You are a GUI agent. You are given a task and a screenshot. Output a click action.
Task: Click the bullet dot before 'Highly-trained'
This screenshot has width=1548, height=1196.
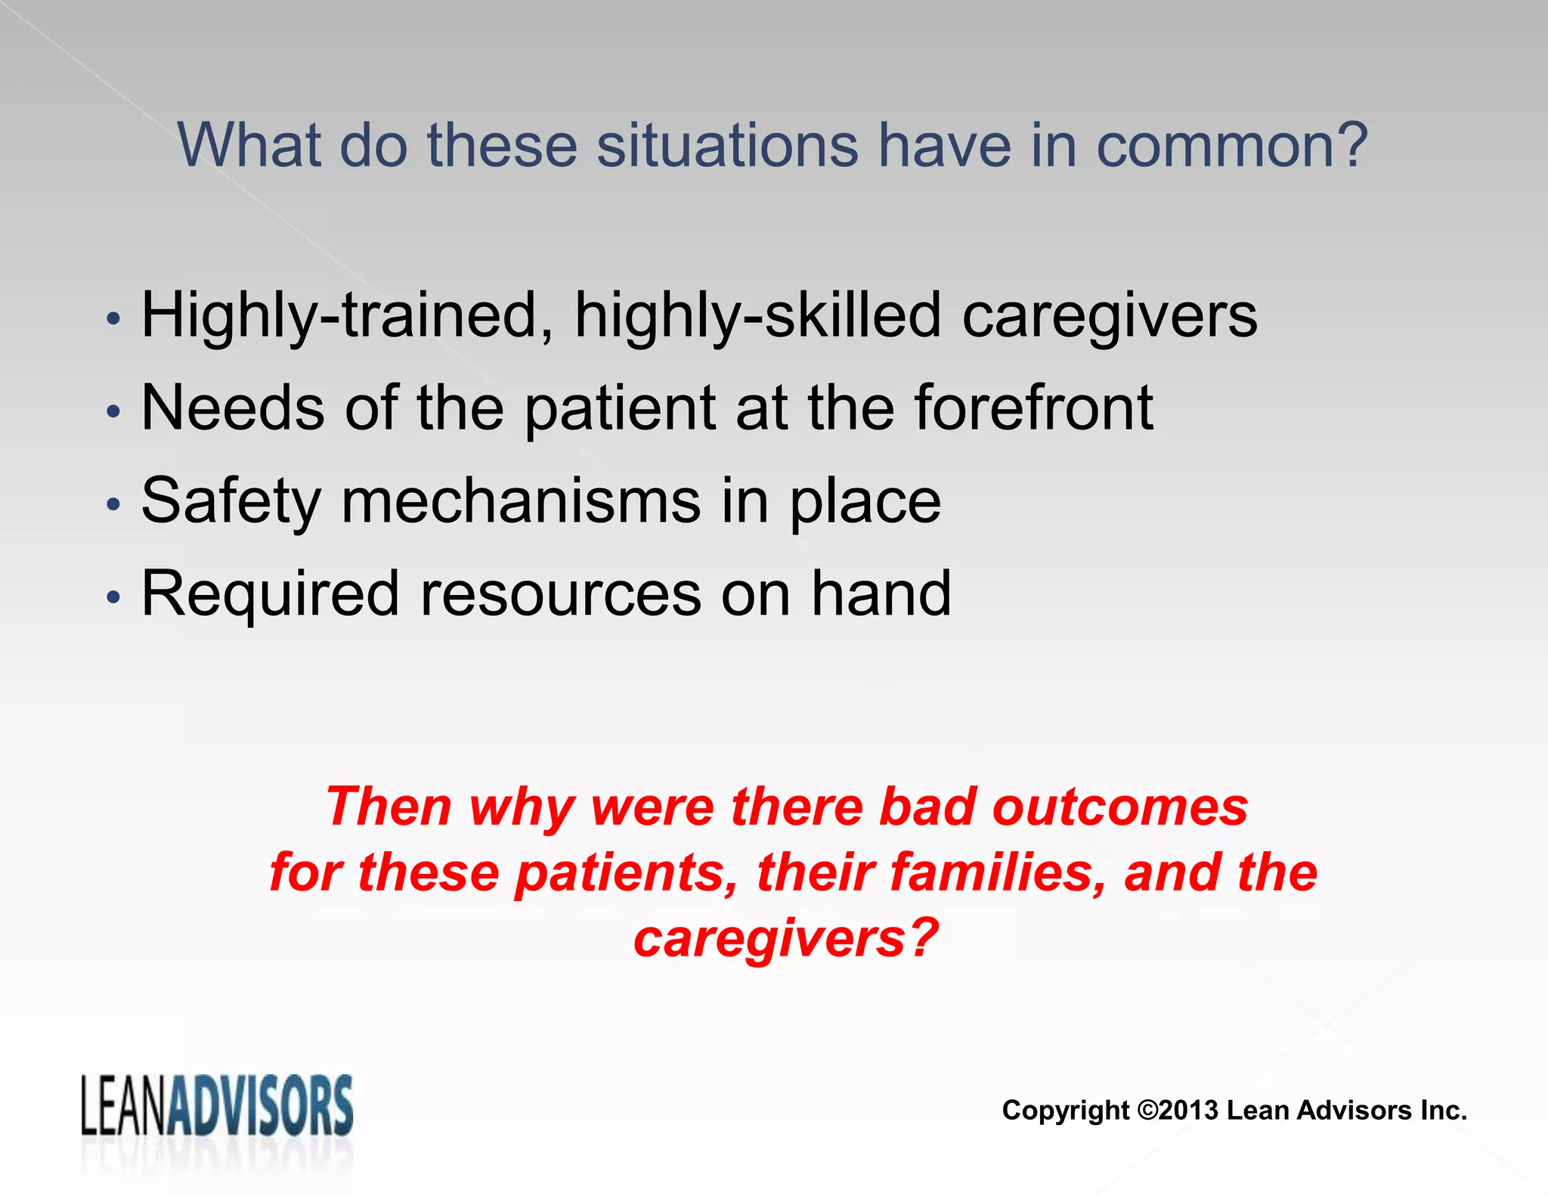point(113,318)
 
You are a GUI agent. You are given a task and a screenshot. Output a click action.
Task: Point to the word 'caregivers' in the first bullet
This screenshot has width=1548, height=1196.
point(1110,316)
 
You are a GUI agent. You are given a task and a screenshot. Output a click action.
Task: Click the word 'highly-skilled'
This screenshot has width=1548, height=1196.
point(757,316)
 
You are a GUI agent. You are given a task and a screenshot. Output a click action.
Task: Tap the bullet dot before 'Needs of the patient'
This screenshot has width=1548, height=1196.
point(113,411)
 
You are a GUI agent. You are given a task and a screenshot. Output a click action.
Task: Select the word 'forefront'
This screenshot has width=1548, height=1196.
point(1034,408)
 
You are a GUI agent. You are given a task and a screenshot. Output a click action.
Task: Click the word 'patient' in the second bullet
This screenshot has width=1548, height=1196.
point(620,408)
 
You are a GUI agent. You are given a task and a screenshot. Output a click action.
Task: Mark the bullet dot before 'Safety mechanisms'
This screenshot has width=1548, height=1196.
point(113,504)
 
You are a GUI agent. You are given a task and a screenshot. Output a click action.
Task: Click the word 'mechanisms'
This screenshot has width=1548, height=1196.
point(521,501)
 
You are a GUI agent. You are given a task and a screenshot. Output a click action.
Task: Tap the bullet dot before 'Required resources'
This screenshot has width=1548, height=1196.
point(113,597)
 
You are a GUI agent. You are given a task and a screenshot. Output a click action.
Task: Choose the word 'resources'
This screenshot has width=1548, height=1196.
point(560,594)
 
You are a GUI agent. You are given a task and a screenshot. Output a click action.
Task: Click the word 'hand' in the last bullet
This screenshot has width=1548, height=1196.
point(881,594)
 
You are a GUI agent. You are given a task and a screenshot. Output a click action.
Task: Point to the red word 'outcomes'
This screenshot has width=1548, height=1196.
point(1119,807)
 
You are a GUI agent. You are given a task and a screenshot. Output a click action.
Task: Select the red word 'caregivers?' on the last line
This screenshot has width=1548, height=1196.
point(786,938)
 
